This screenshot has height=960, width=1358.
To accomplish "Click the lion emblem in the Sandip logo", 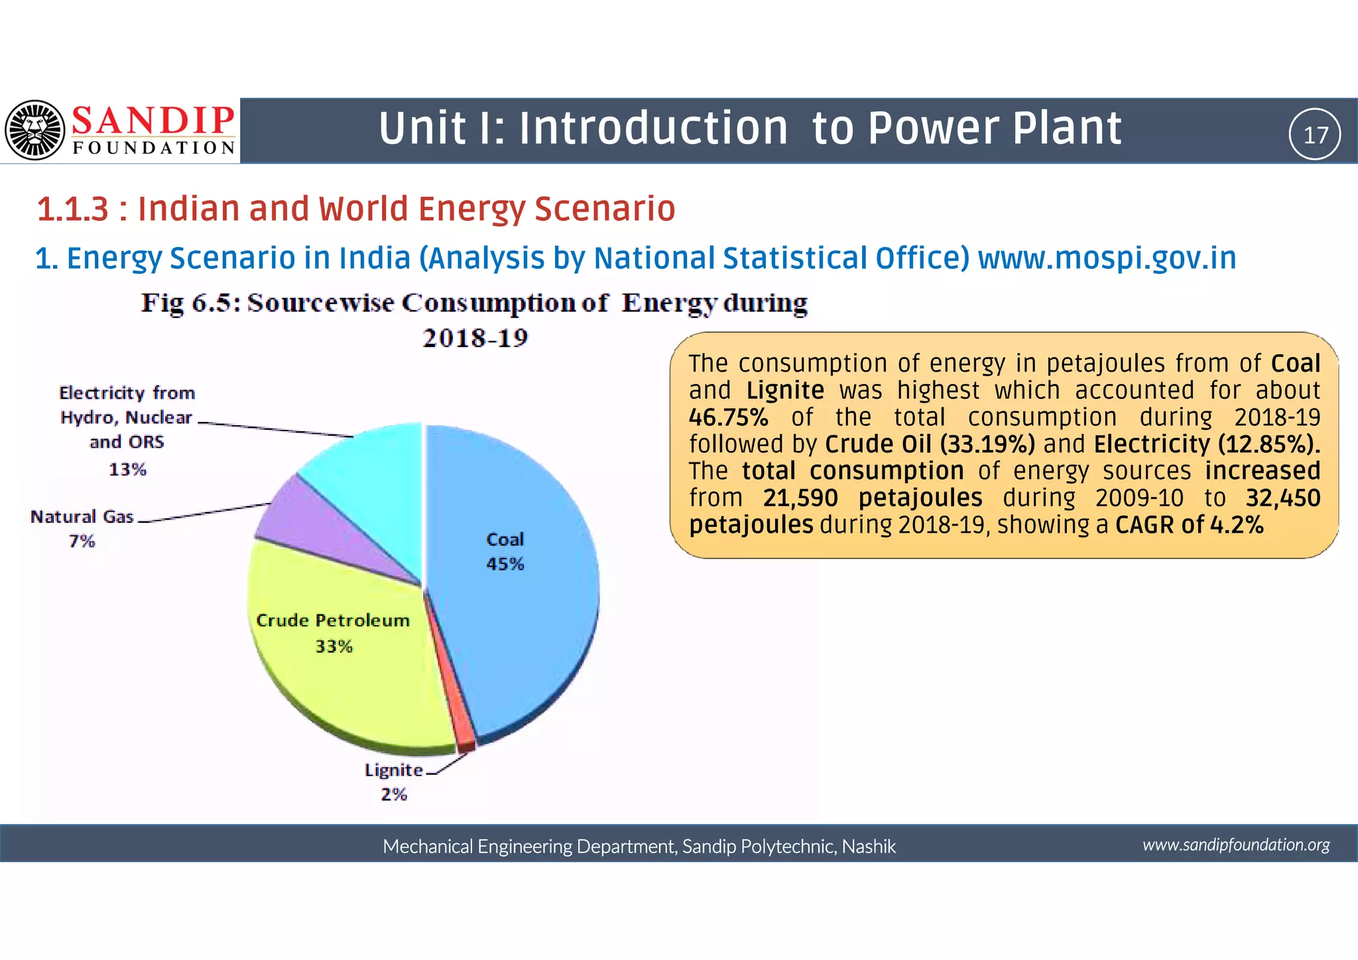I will [34, 130].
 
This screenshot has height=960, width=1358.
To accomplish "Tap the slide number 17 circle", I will [1314, 135].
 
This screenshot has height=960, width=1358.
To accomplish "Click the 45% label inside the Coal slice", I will [505, 564].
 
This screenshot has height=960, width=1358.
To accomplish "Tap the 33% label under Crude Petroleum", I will [334, 646].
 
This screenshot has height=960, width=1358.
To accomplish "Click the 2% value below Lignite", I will [393, 794].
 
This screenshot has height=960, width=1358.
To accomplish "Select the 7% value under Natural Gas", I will [82, 541].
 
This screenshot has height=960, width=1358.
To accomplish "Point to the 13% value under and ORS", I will [127, 470].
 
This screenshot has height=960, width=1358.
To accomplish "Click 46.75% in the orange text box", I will [728, 418].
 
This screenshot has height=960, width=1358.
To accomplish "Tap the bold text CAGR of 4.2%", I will [1189, 525].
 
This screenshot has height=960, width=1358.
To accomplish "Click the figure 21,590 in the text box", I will [800, 498].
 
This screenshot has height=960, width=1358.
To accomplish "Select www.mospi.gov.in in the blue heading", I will [1107, 258].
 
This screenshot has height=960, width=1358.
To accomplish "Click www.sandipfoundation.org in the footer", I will [1236, 845].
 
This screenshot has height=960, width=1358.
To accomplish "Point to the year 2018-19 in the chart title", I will [475, 338].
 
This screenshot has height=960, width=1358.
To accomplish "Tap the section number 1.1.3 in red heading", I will [72, 209].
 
